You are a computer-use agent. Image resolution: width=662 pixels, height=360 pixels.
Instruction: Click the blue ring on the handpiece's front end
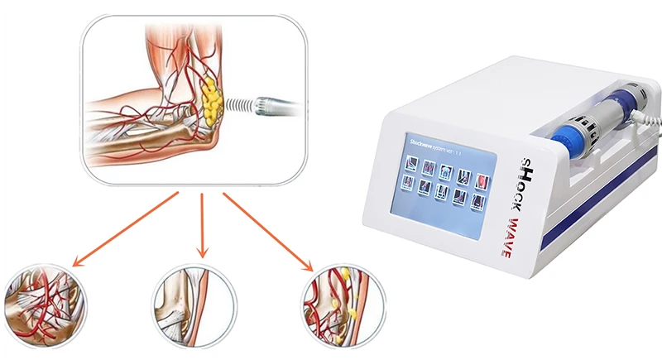click(571, 132)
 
